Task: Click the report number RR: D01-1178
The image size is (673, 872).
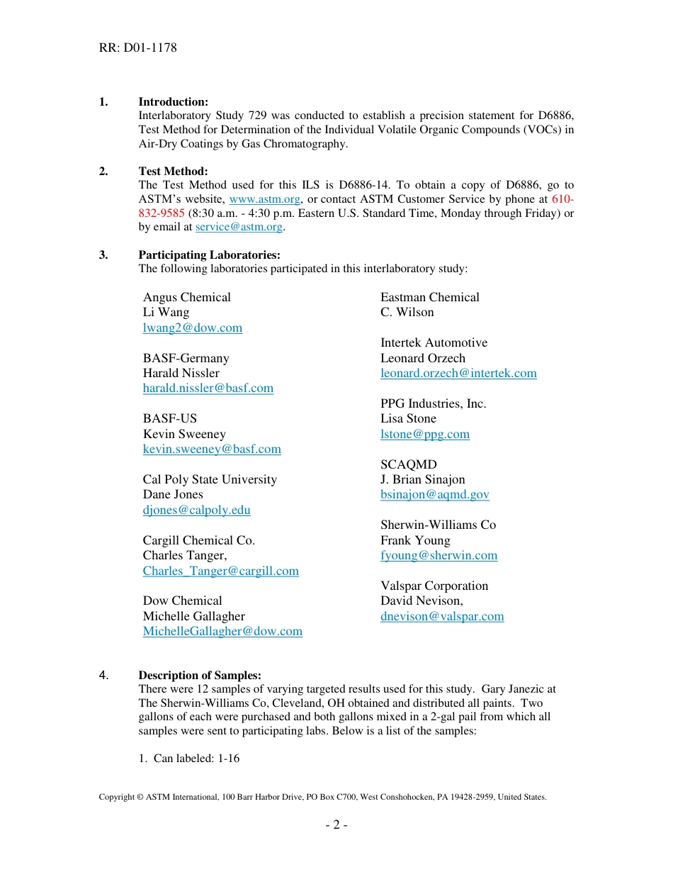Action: [138, 48]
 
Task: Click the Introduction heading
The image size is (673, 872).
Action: [173, 102]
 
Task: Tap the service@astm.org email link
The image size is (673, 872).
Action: [239, 227]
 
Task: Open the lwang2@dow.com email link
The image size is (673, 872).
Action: [193, 328]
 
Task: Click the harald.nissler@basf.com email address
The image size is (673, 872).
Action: [208, 388]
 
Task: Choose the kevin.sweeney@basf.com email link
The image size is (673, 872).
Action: [212, 449]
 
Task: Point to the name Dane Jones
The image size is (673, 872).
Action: [173, 494]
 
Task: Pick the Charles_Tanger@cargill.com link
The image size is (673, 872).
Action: [220, 571]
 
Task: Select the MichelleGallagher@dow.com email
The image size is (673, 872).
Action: [222, 631]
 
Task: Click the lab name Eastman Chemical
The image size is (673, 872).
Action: [429, 297]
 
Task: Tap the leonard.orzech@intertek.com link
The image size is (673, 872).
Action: [458, 373]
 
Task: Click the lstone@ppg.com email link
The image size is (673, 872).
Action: [424, 434]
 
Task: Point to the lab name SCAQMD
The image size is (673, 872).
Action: [408, 464]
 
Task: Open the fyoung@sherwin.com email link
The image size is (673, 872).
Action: [439, 555]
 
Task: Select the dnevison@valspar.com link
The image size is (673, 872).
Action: [442, 616]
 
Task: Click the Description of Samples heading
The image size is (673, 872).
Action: [200, 675]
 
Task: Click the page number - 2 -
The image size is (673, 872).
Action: [336, 825]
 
